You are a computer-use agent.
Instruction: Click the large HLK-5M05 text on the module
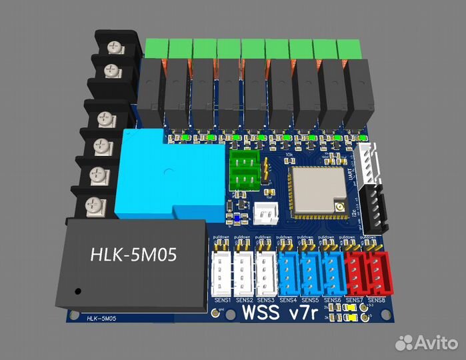(x=133, y=255)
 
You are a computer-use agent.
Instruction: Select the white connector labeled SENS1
(x=222, y=273)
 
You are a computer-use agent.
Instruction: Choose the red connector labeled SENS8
(x=377, y=273)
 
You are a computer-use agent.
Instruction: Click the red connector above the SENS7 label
(x=355, y=273)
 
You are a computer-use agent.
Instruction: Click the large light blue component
(x=167, y=177)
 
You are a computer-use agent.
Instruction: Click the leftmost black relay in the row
(x=152, y=93)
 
